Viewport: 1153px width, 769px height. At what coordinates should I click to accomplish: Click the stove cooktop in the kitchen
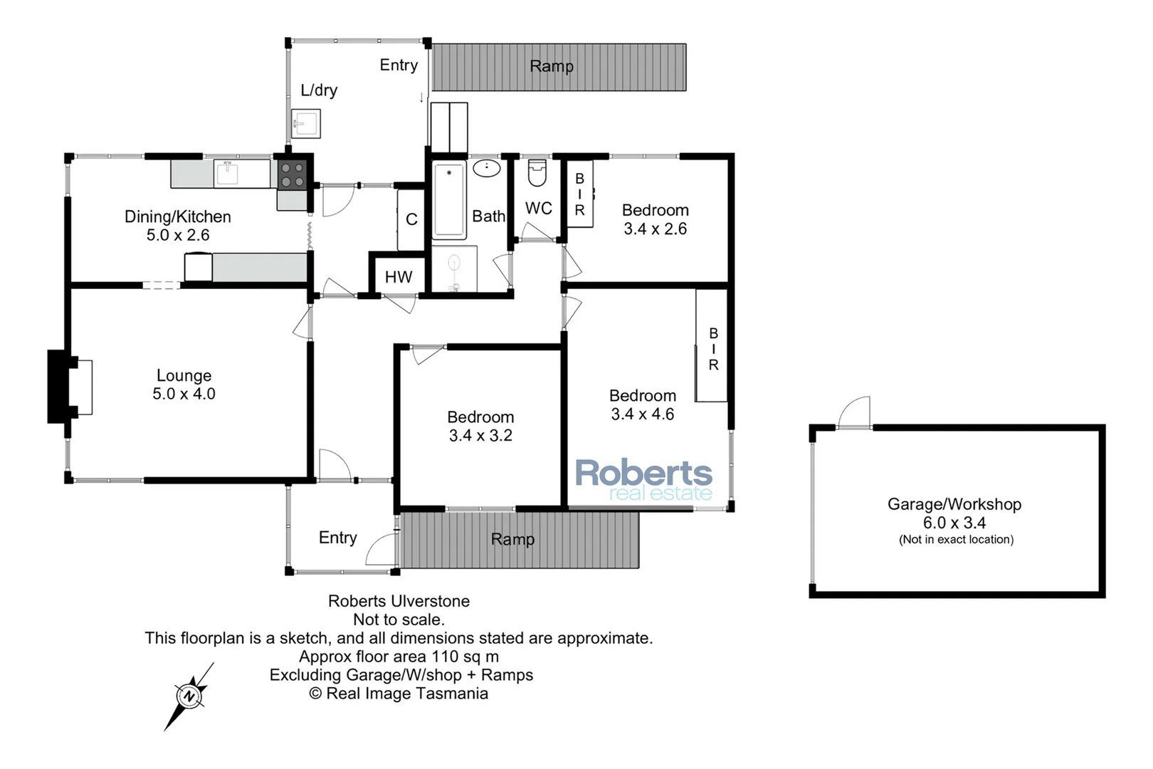292,175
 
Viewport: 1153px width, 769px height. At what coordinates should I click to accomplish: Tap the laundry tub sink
306,124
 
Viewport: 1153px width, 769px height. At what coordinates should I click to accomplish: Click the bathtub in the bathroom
449,199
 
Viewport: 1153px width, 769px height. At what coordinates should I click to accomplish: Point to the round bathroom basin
487,168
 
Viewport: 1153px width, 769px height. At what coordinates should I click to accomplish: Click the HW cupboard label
399,277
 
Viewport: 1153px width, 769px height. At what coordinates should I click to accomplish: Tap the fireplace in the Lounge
69,387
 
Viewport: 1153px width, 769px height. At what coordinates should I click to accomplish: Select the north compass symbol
189,696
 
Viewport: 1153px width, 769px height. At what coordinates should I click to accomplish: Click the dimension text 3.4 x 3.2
480,436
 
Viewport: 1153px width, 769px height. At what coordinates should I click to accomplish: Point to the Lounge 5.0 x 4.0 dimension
184,394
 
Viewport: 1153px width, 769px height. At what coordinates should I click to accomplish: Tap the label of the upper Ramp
552,66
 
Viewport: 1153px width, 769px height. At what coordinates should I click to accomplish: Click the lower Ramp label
512,539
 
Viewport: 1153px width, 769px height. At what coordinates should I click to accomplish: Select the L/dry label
319,90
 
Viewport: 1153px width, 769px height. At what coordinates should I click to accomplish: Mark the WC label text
539,208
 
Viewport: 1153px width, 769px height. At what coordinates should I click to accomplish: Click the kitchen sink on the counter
227,173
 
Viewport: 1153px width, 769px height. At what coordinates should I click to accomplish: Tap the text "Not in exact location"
956,540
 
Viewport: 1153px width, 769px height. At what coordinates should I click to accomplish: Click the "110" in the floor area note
445,656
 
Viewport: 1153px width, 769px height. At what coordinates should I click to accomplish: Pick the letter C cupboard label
411,219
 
